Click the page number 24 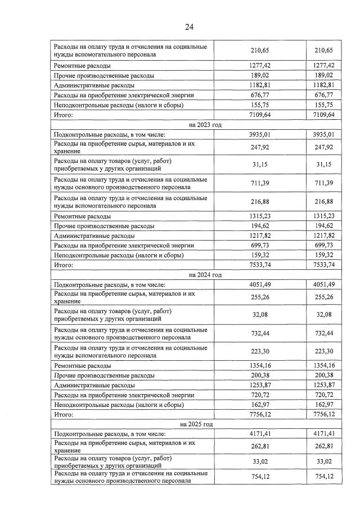pos(190,26)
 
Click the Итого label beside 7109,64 pos(64,115)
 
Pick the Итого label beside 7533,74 pos(64,264)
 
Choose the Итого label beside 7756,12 pos(64,414)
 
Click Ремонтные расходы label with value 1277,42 pos(82,65)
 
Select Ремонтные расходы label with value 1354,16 pos(82,365)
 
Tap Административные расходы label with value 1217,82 pos(94,236)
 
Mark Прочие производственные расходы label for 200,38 pos(103,375)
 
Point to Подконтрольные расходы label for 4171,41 pos(100,434)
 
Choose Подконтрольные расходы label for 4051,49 pos(100,284)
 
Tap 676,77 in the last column pos(323,95)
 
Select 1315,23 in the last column pos(323,216)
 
